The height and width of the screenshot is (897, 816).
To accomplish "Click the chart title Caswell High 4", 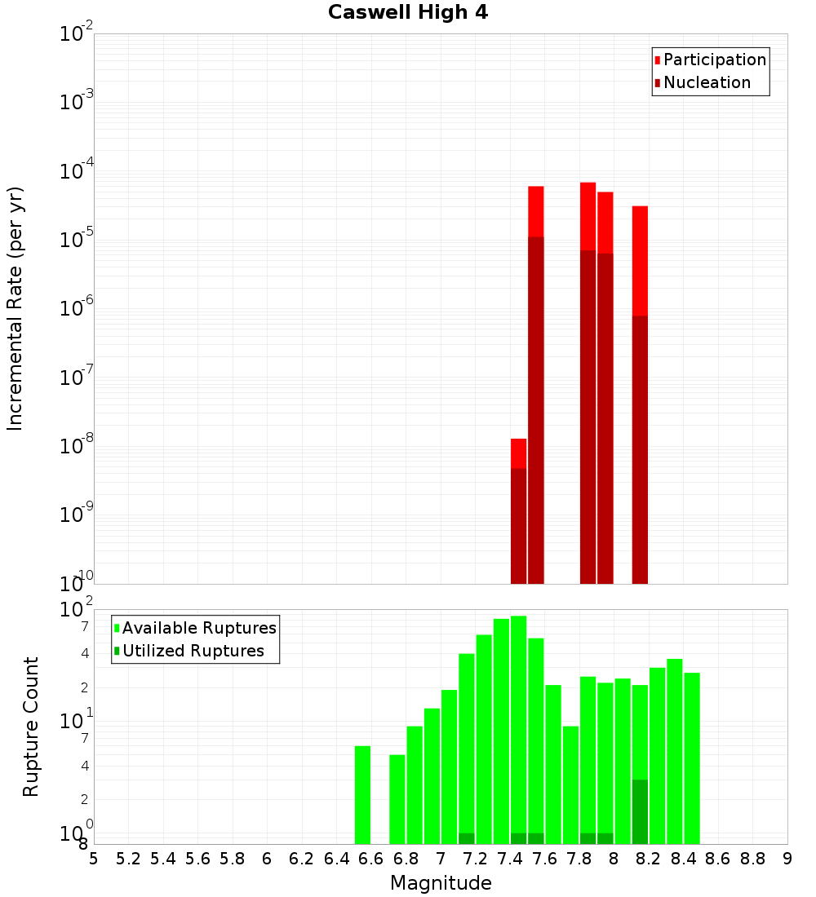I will point(408,13).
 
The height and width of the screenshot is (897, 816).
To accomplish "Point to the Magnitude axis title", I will point(441,883).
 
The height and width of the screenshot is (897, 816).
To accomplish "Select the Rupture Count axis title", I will point(31,727).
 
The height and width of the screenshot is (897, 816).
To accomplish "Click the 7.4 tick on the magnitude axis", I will point(510,859).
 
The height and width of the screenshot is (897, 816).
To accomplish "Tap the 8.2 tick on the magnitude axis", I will point(649,859).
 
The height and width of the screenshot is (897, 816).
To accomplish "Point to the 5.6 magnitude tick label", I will point(197,859).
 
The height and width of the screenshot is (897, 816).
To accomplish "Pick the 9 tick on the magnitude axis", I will point(787,859).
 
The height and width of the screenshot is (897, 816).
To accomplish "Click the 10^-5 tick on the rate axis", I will point(77,240).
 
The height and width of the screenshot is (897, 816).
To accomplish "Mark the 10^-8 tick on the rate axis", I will point(77,446).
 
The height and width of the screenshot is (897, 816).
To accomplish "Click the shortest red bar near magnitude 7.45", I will point(518,453).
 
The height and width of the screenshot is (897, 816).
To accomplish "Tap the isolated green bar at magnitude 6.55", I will point(362,795).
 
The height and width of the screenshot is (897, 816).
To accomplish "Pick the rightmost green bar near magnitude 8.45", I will point(692,758).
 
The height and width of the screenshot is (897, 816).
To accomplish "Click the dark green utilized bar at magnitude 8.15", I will point(640,811).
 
